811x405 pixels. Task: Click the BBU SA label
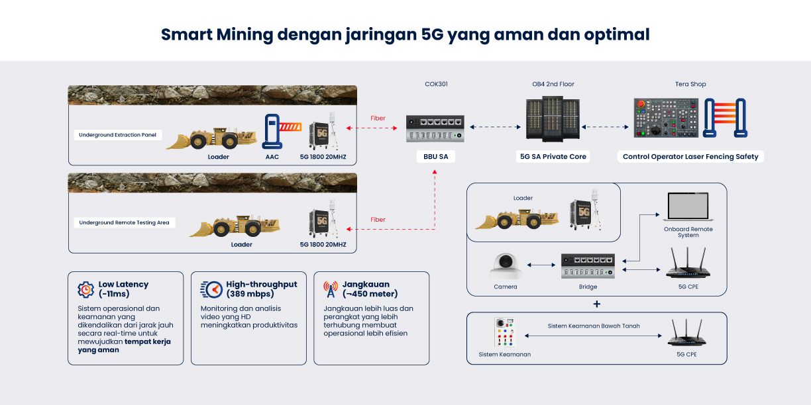pyautogui.click(x=435, y=157)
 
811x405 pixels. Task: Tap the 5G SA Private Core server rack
pyautogui.click(x=553, y=118)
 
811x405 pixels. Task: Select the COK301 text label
pyautogui.click(x=436, y=85)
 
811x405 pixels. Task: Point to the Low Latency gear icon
pyautogui.click(x=85, y=289)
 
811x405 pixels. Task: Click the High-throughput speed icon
pyautogui.click(x=211, y=289)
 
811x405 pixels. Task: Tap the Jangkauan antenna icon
pyautogui.click(x=330, y=289)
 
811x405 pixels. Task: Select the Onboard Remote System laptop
pyautogui.click(x=688, y=206)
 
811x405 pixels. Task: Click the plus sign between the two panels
pyautogui.click(x=597, y=304)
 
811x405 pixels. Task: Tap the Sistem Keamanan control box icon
pyautogui.click(x=504, y=333)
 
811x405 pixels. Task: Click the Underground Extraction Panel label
pyautogui.click(x=118, y=135)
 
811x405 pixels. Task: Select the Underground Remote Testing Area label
pyautogui.click(x=124, y=222)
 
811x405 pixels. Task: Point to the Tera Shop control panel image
pyautogui.click(x=665, y=118)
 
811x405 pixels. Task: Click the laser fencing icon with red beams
pyautogui.click(x=725, y=118)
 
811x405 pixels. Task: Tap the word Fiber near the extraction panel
pyautogui.click(x=378, y=118)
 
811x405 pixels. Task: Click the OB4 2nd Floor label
pyautogui.click(x=553, y=85)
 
